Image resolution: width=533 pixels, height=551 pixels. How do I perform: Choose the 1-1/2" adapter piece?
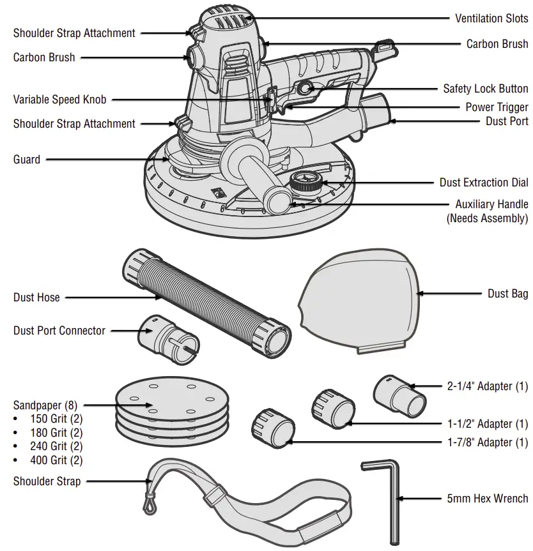[x=333, y=410]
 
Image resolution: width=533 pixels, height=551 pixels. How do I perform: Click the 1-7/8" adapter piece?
[x=274, y=428]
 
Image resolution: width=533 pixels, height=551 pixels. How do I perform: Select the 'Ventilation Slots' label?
[x=491, y=19]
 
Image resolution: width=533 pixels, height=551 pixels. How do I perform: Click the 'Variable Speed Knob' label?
[x=60, y=100]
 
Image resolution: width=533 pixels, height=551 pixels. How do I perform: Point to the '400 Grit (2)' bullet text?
[x=56, y=460]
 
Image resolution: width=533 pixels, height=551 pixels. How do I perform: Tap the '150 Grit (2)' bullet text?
[x=56, y=419]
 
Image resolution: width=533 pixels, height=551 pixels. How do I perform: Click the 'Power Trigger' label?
[x=497, y=107]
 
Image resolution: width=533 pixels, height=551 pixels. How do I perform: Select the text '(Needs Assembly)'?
[x=487, y=218]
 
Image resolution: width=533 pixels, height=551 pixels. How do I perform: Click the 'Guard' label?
[x=27, y=160]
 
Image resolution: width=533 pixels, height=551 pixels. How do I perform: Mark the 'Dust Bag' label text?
[x=507, y=293]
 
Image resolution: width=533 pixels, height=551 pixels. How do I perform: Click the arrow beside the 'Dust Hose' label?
[x=112, y=298]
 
